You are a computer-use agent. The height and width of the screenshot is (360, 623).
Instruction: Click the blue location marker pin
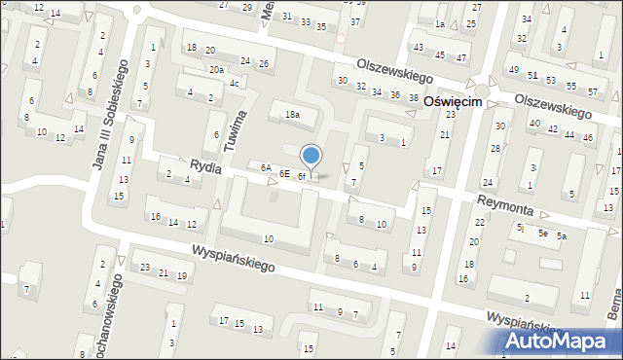pos(311,156)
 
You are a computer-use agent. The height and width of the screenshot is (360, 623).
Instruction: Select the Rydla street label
pos(205,167)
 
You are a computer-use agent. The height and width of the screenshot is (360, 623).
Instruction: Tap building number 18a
pos(291,115)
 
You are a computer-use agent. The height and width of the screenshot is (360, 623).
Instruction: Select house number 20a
pos(216,70)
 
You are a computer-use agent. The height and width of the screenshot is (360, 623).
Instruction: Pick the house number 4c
pos(234,83)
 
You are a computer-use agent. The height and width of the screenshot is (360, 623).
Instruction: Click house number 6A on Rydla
pos(265,167)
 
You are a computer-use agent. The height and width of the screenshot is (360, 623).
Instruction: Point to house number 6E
pos(284,173)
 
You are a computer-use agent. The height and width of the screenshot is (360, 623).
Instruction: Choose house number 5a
pos(562,236)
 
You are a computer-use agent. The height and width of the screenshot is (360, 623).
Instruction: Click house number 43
pos(419,48)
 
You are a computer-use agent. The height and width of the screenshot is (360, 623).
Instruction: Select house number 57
pos(593,91)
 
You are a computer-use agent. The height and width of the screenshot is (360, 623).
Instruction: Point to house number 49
pos(513,70)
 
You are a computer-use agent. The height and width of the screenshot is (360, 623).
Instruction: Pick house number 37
pos(355,21)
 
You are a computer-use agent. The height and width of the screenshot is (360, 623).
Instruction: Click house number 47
pos(439,55)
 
